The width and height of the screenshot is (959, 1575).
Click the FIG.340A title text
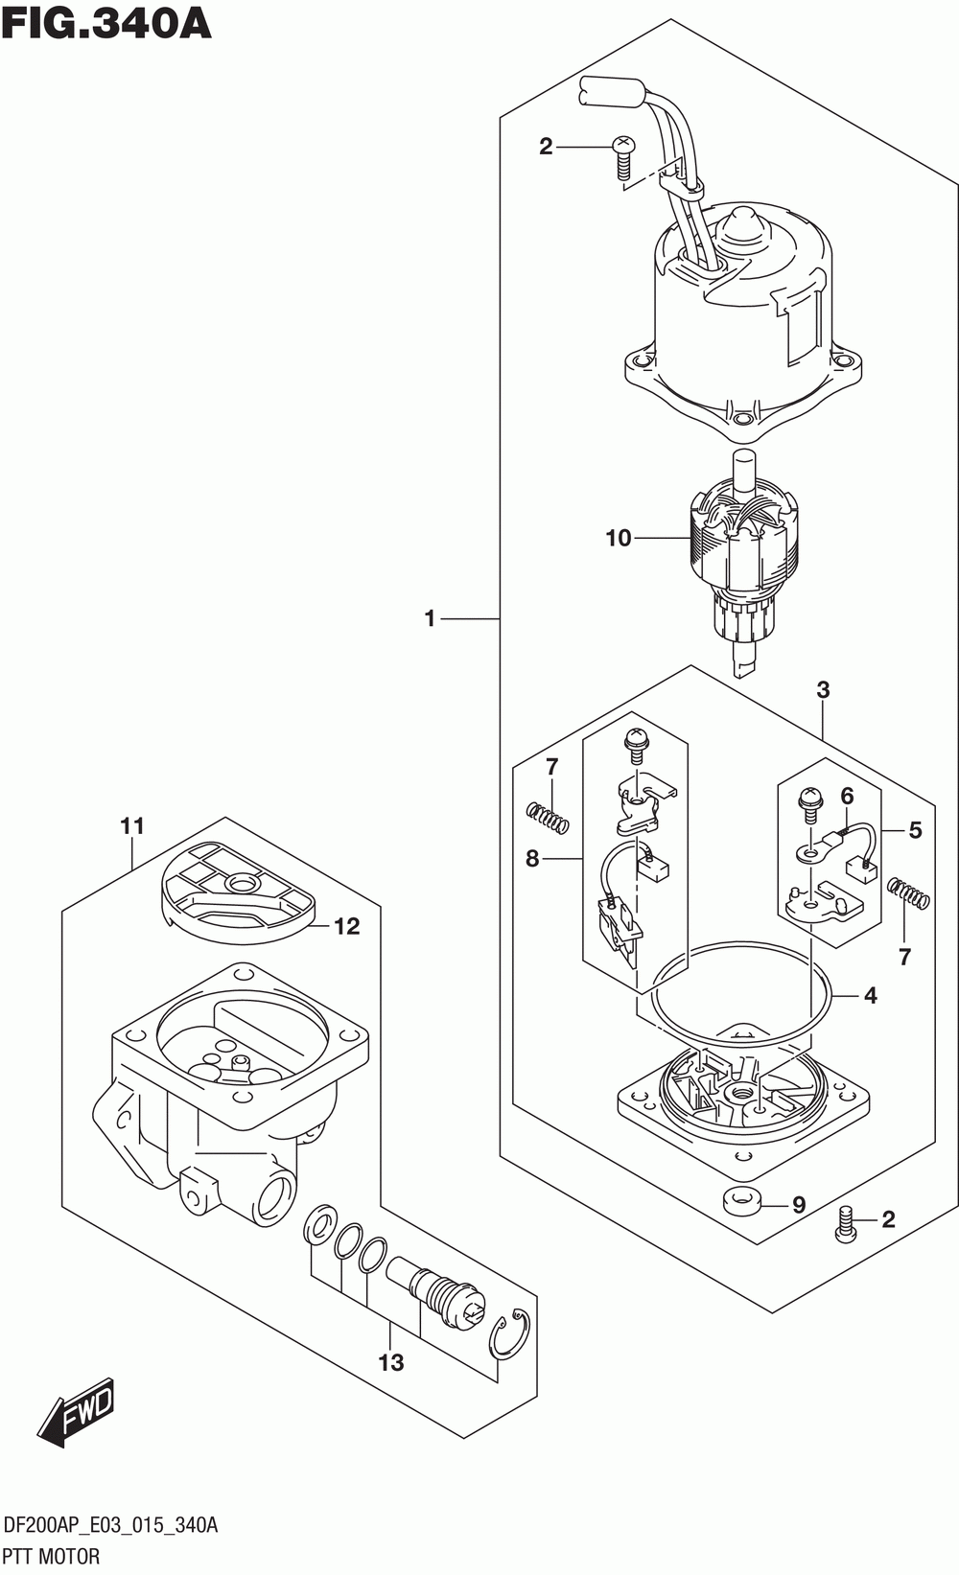(x=106, y=24)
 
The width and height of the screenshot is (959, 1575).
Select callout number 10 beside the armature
(x=619, y=539)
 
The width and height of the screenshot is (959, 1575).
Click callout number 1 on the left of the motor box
(x=430, y=618)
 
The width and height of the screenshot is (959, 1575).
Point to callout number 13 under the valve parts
(x=391, y=1362)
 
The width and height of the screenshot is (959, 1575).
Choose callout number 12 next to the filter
(x=347, y=926)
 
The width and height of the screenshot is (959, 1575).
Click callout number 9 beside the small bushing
(x=799, y=1205)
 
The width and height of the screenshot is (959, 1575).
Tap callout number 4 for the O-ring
(x=871, y=996)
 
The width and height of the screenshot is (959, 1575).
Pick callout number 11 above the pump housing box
(x=132, y=825)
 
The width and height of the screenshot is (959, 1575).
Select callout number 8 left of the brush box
(x=532, y=859)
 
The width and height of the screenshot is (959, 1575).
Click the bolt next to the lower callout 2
(x=847, y=1225)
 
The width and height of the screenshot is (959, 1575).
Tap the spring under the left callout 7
(x=549, y=820)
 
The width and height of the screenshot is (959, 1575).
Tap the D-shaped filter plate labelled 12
(x=237, y=892)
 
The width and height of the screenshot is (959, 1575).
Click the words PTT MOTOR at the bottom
(x=52, y=1556)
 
